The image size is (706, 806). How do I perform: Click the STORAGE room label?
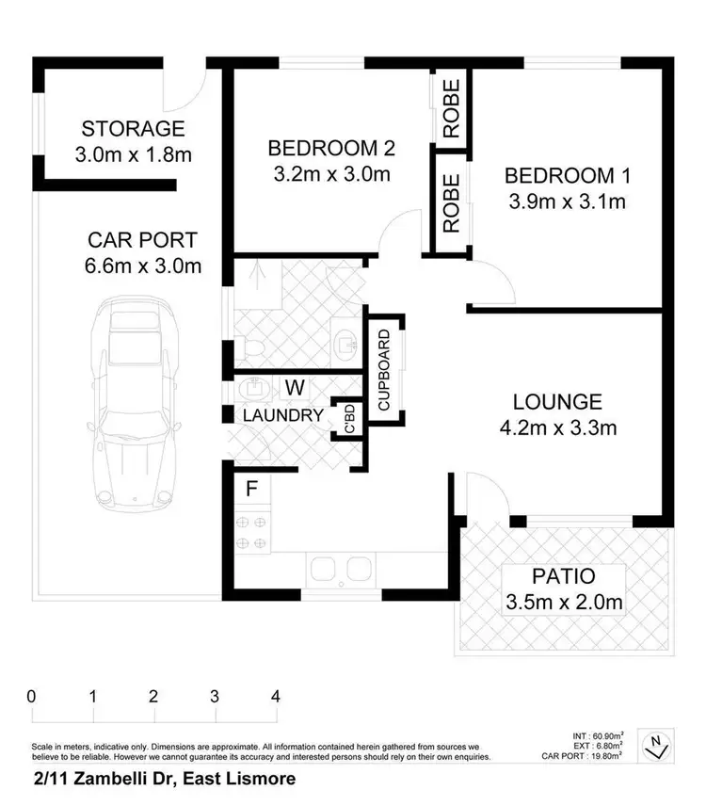133,129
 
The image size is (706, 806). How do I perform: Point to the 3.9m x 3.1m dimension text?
567,201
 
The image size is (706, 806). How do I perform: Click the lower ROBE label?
451,202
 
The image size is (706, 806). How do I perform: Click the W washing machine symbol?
295,387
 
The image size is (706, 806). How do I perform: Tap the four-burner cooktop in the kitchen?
252,529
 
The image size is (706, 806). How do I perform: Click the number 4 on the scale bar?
276,698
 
